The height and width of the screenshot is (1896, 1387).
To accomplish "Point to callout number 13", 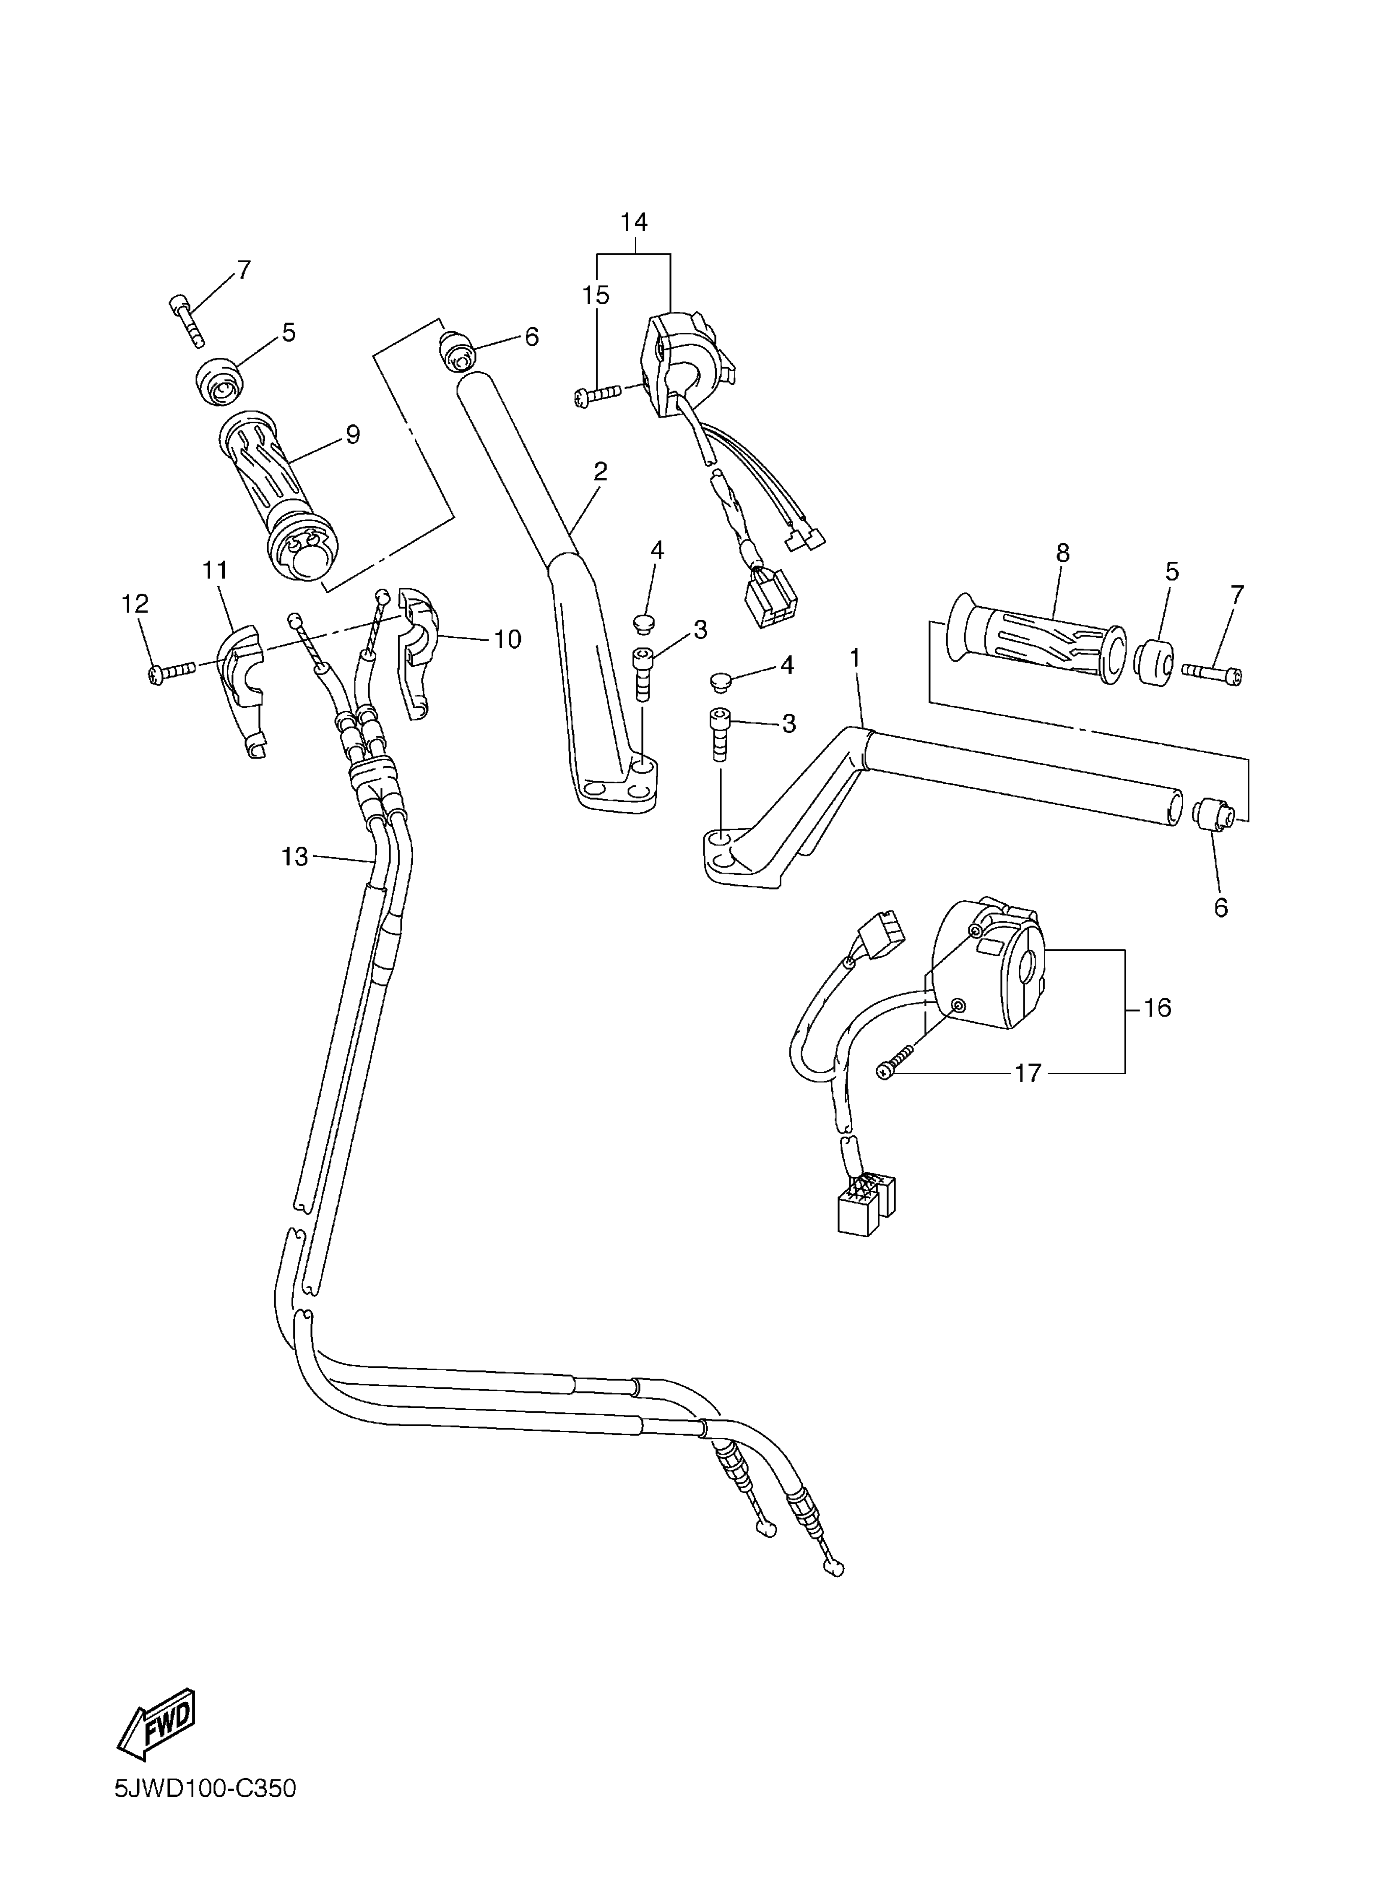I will point(295,857).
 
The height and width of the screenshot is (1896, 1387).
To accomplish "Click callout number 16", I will point(1157,1008).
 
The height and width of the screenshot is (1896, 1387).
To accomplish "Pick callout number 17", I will point(1028,1073).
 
